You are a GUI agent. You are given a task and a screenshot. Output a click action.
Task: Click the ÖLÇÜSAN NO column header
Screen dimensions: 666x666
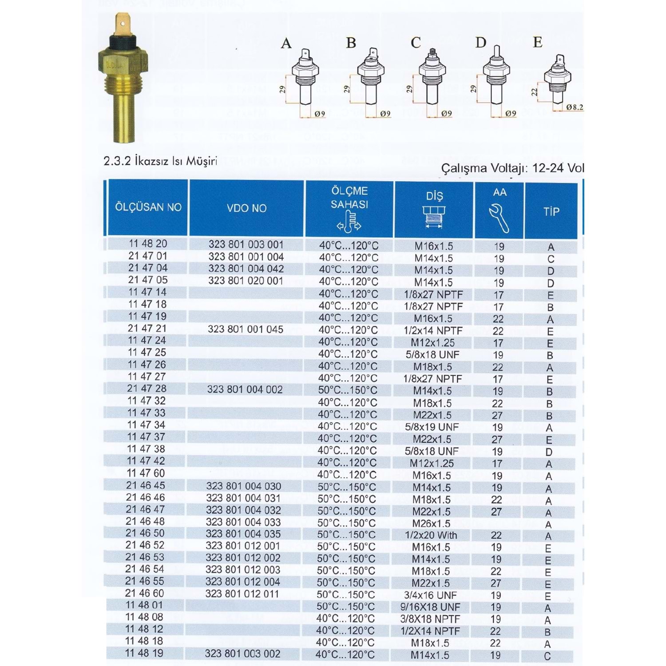click(148, 207)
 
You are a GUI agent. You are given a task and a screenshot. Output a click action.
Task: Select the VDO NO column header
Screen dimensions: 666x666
click(246, 208)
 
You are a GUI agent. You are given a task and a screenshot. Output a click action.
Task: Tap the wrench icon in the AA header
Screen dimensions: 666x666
click(499, 218)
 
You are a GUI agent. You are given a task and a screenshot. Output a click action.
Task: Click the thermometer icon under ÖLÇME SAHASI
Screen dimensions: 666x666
click(349, 222)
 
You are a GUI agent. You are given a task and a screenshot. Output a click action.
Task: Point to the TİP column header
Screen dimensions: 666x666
click(551, 211)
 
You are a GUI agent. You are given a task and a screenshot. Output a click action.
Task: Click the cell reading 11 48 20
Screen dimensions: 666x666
click(148, 244)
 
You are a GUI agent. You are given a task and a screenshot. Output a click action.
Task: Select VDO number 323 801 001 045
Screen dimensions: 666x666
click(245, 329)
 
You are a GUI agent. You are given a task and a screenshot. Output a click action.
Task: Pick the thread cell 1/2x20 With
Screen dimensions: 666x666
click(431, 535)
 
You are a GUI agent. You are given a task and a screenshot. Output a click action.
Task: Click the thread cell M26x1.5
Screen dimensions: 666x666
click(431, 523)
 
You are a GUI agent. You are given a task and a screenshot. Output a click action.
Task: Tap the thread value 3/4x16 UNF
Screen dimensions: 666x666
click(430, 595)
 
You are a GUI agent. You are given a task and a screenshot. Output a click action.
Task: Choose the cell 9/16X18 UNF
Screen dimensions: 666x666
click(430, 607)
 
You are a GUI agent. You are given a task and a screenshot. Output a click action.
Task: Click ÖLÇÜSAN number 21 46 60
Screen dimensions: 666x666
click(144, 594)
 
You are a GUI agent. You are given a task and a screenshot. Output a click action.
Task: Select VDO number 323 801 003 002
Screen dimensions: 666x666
click(242, 654)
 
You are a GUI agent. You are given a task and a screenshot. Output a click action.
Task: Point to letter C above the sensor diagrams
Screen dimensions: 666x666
click(416, 43)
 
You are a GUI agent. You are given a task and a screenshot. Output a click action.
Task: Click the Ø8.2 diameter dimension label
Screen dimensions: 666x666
click(575, 107)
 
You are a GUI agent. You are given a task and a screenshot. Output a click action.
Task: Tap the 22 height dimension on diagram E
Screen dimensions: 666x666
click(535, 91)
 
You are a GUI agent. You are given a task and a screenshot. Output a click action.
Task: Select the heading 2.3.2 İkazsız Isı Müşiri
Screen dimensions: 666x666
click(160, 161)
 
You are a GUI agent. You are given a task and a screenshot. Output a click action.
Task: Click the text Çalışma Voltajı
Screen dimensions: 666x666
click(484, 168)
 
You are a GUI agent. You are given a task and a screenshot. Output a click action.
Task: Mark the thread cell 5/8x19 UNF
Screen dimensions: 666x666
click(432, 427)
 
